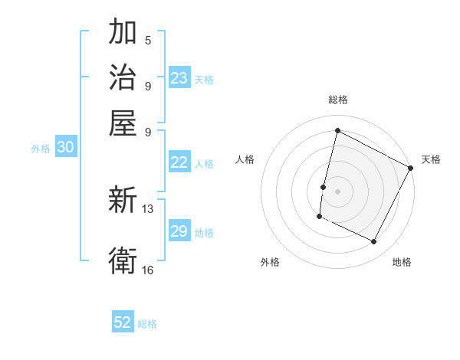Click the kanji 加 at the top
[x=123, y=33]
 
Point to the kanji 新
[x=123, y=201]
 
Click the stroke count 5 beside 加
[x=147, y=40]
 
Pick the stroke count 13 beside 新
[x=149, y=208]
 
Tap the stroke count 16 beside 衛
[x=149, y=270]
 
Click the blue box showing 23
[x=179, y=78]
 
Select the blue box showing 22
[x=179, y=162]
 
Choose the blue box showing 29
[x=179, y=231]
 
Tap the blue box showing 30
[x=65, y=148]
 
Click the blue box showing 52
[x=123, y=323]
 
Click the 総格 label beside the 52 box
[x=148, y=324]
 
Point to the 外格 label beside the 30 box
[x=41, y=149]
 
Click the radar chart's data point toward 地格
[x=374, y=242]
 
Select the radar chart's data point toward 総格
[x=337, y=130]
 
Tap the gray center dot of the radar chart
[x=337, y=190]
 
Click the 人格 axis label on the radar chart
[x=245, y=159]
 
